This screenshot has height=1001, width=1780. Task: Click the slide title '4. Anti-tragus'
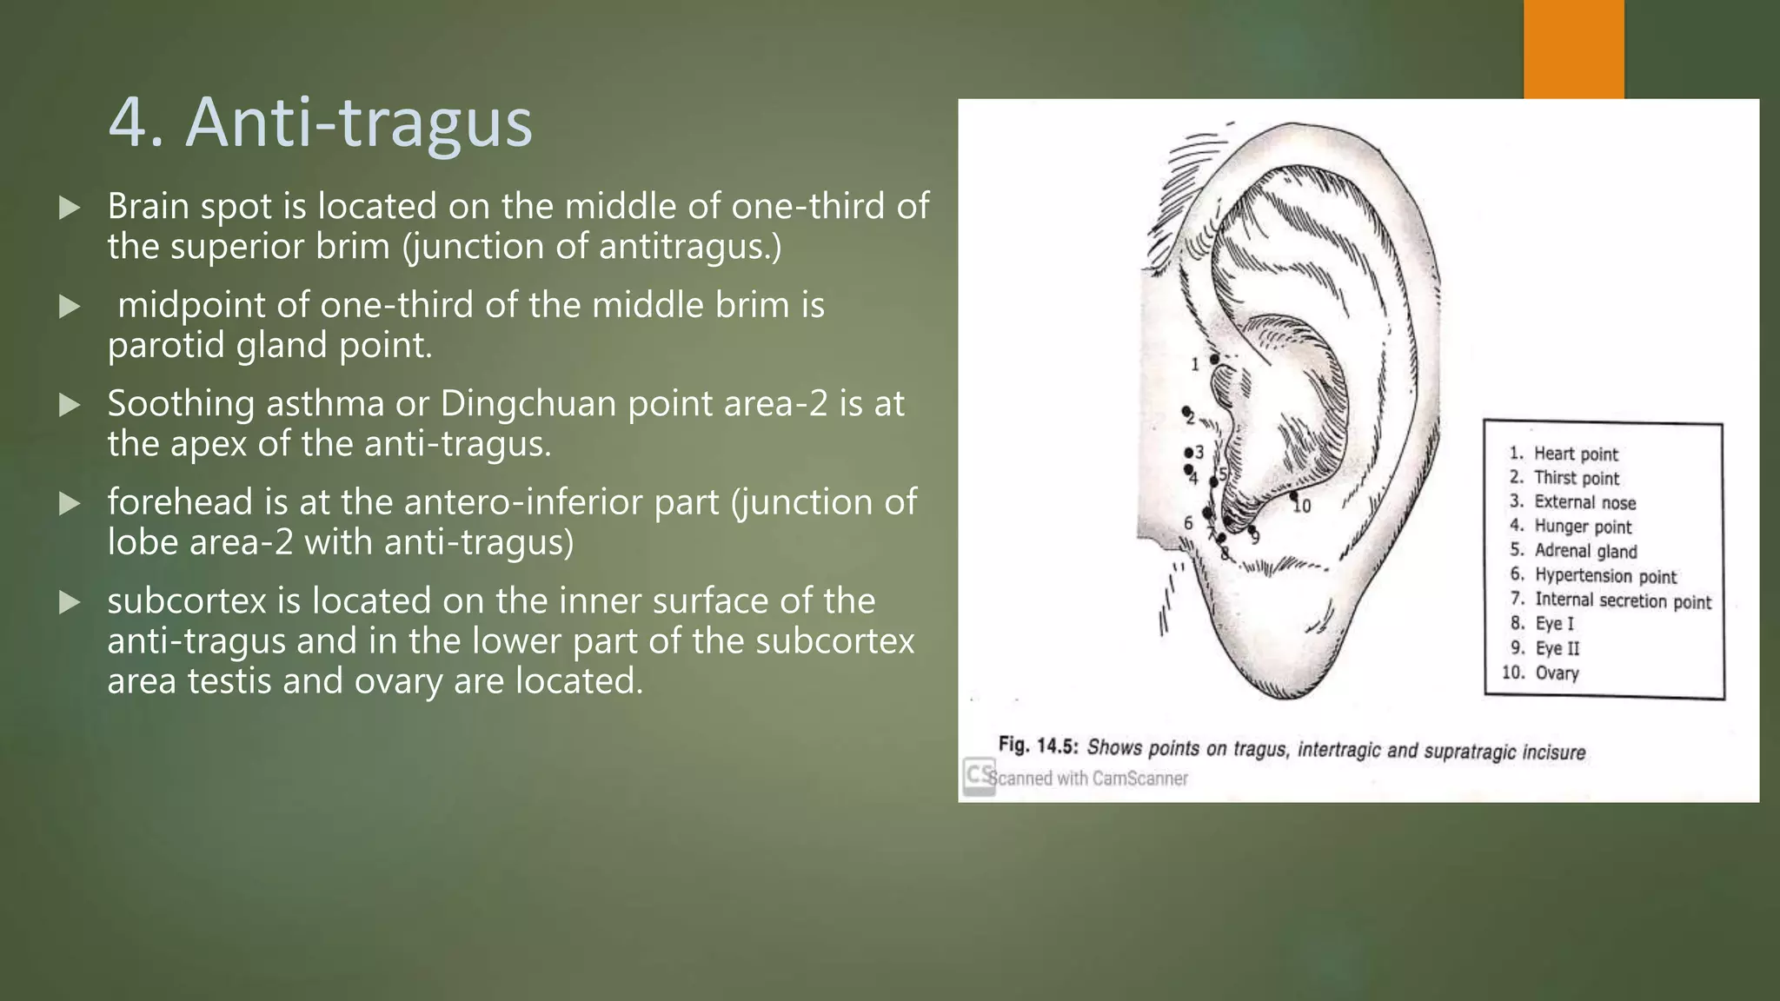pyautogui.click(x=320, y=123)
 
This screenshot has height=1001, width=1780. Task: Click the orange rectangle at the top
pyautogui.click(x=1573, y=49)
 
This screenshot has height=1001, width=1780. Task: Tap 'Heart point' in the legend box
pyautogui.click(x=1575, y=454)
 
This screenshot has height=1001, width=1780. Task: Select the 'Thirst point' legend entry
pyautogui.click(x=1576, y=478)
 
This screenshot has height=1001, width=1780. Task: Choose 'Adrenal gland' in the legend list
pyautogui.click(x=1585, y=551)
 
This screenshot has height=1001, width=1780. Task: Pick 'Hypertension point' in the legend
pyautogui.click(x=1604, y=575)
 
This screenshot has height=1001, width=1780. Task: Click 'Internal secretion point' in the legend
pyautogui.click(x=1622, y=600)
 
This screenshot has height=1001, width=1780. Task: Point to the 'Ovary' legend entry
pyautogui.click(x=1556, y=673)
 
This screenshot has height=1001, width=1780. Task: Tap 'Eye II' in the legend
pyautogui.click(x=1557, y=648)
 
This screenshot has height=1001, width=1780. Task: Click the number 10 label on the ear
pyautogui.click(x=1302, y=506)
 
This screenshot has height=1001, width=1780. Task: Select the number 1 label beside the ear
pyautogui.click(x=1195, y=364)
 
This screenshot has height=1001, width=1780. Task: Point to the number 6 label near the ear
pyautogui.click(x=1188, y=523)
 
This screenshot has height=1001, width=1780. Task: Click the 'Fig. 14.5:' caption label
pyautogui.click(x=1038, y=746)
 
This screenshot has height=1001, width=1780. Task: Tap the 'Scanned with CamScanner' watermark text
pyautogui.click(x=1088, y=779)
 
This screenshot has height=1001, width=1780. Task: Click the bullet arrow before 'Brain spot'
pyautogui.click(x=70, y=208)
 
